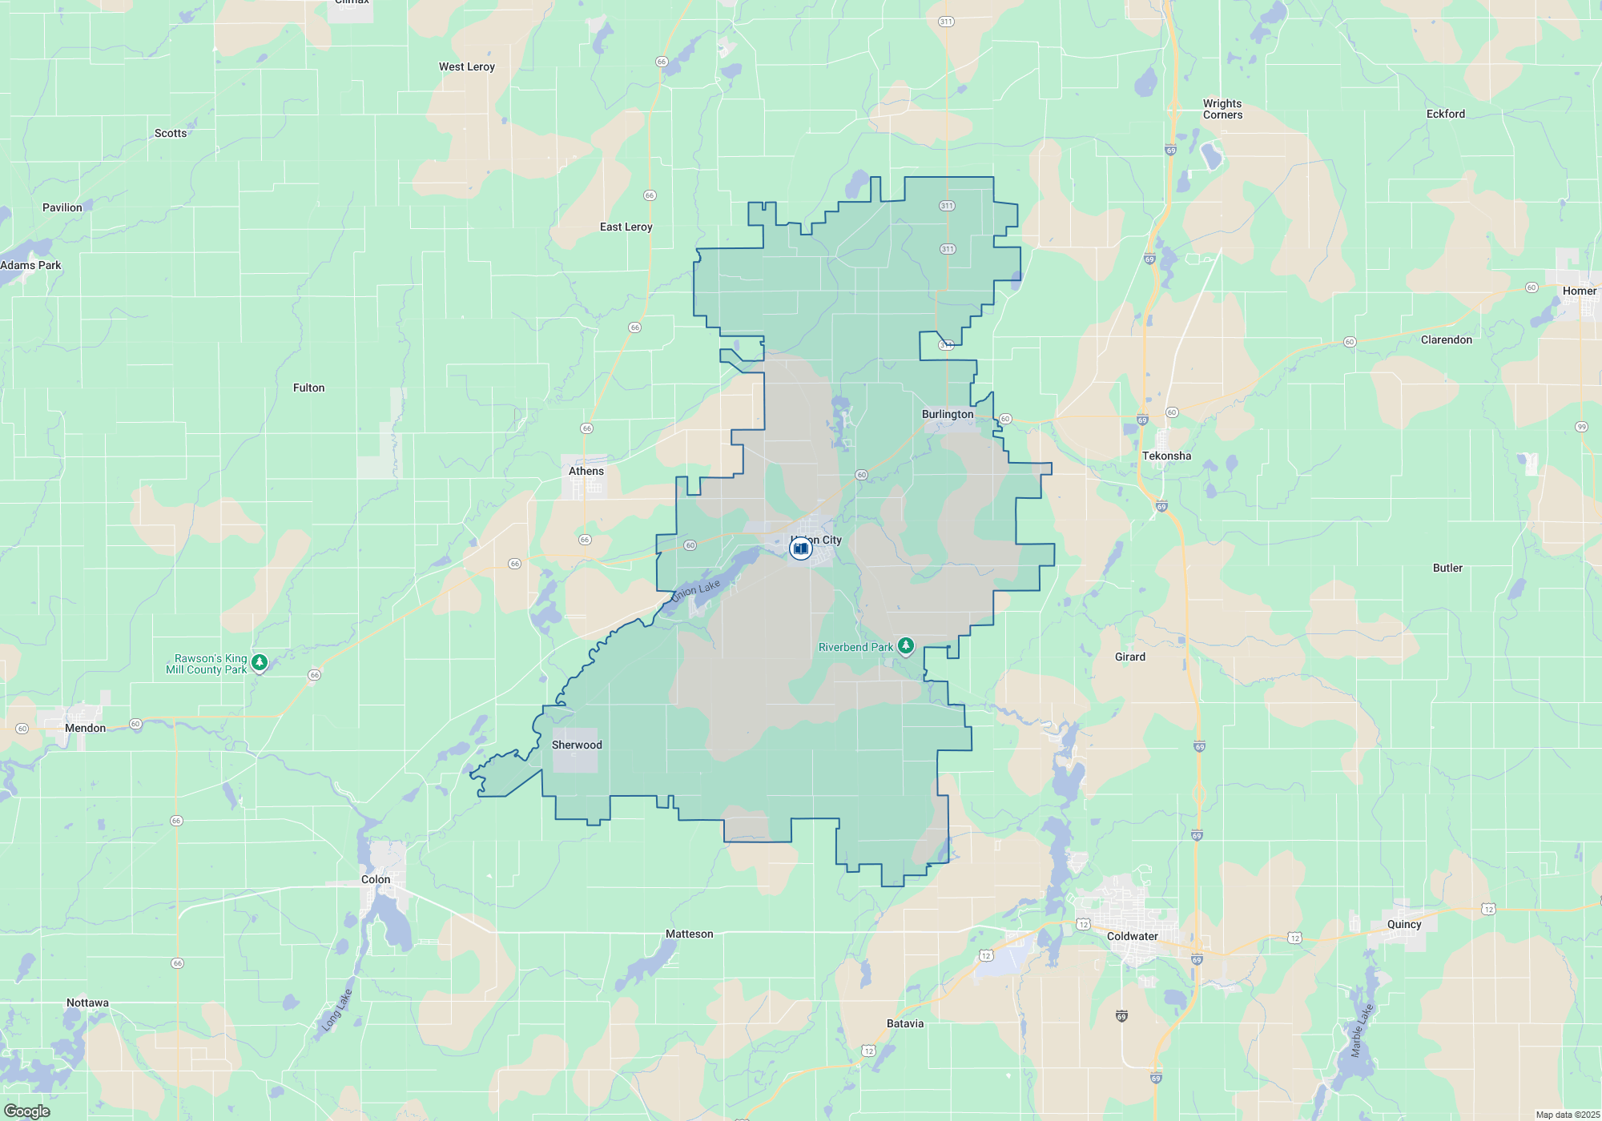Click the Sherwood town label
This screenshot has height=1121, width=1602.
click(577, 745)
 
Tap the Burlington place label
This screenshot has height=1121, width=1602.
click(948, 414)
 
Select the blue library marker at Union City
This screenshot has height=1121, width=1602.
click(800, 548)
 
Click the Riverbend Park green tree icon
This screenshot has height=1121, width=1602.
click(906, 645)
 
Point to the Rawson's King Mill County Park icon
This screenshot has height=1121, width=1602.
click(259, 662)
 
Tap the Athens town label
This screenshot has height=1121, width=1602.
click(586, 471)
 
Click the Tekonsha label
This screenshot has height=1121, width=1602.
click(1166, 456)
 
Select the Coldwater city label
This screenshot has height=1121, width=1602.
click(1132, 936)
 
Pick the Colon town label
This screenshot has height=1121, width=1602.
click(376, 879)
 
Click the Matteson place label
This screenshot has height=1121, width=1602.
click(689, 934)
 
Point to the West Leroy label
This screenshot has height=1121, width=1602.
click(467, 66)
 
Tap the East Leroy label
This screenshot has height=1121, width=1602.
click(626, 227)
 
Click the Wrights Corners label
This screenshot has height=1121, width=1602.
click(1222, 109)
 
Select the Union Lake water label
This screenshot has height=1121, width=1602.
click(696, 591)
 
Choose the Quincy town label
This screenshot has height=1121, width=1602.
click(1404, 924)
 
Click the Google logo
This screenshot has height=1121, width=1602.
click(27, 1111)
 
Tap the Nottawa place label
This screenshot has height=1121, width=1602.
click(87, 1002)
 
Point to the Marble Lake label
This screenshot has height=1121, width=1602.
click(1361, 1031)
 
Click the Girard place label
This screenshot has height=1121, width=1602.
click(1130, 657)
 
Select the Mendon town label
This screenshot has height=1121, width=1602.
click(85, 728)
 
